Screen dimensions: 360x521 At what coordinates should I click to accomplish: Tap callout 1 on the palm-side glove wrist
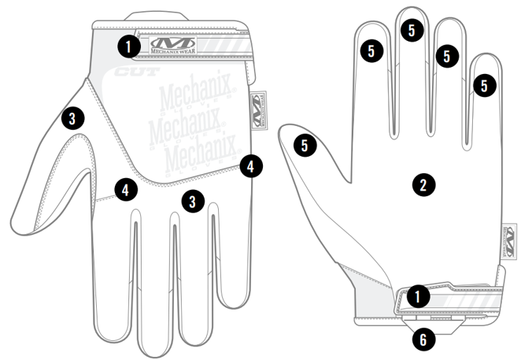point(418,297)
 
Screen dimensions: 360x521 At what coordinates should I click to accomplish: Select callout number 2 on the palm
point(423,185)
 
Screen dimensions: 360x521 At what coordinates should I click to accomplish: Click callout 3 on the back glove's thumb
point(72,119)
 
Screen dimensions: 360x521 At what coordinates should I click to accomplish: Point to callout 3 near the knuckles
point(192,200)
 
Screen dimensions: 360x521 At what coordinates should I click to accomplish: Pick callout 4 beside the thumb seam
point(124,188)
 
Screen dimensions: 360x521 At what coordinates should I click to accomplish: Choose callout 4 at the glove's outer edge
point(249,166)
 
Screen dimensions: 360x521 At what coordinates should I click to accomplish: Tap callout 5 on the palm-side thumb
point(305,144)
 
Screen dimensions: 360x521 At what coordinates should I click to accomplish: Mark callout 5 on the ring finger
point(446,56)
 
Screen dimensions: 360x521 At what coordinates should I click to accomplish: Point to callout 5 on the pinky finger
point(484,84)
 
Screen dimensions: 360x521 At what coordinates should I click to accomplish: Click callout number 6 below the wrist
point(423,340)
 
